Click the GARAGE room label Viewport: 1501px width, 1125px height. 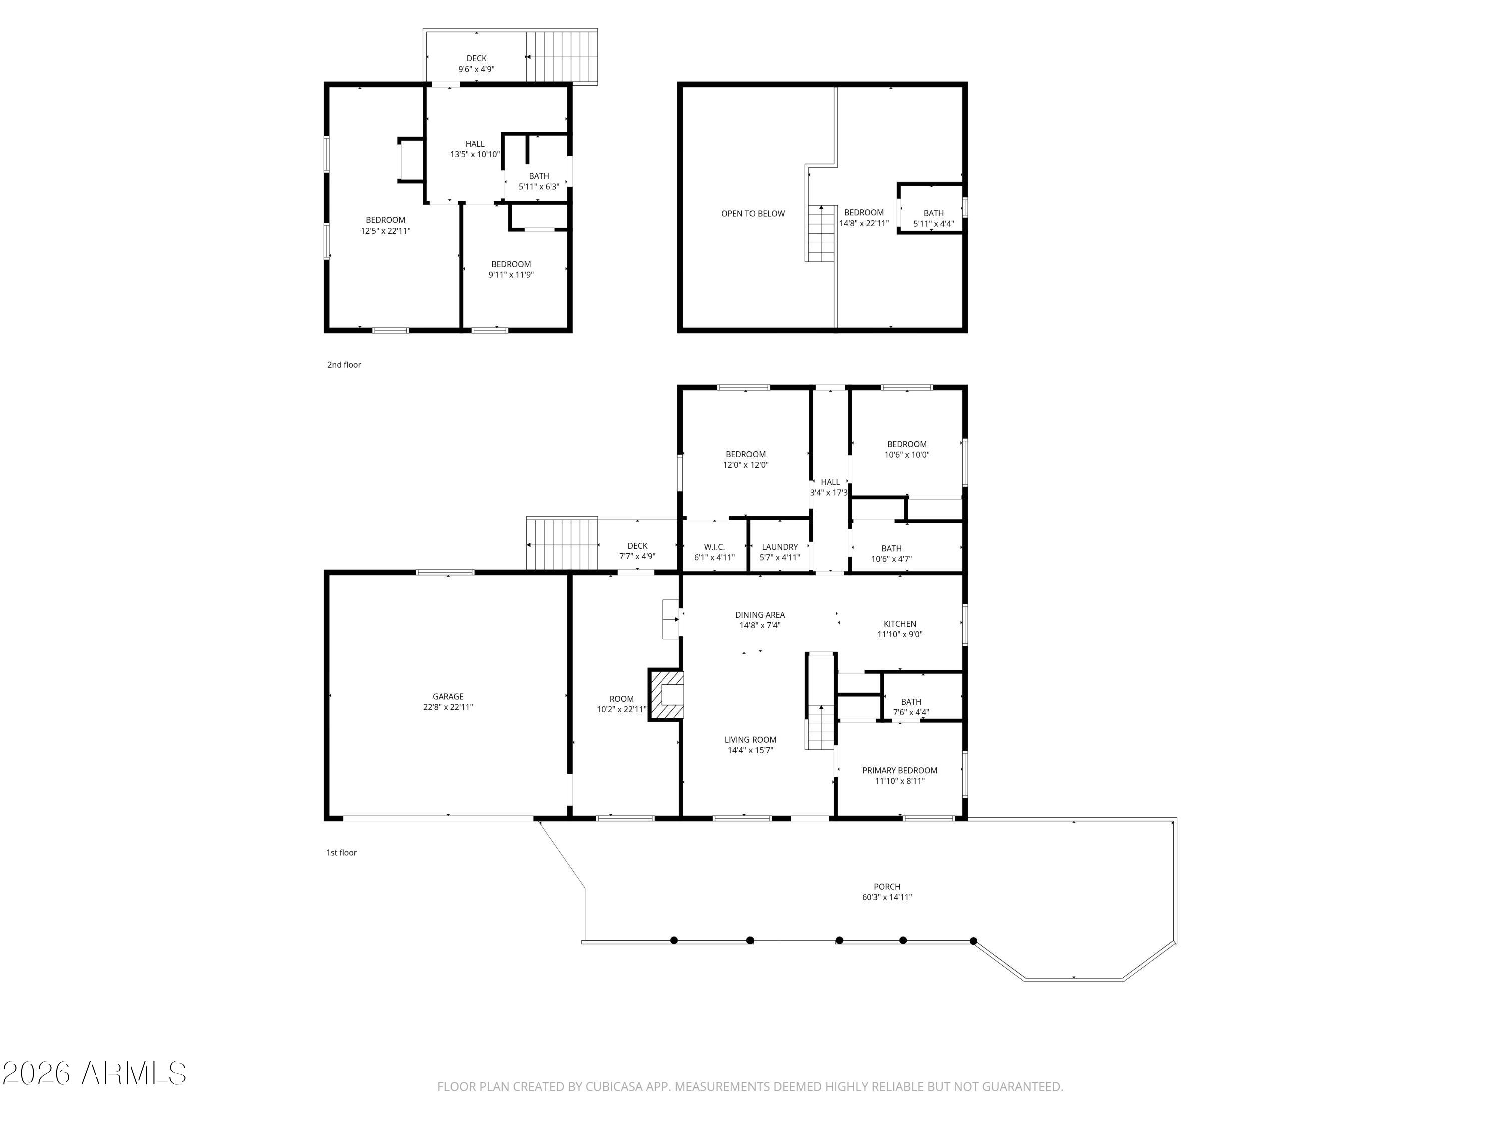pyautogui.click(x=448, y=696)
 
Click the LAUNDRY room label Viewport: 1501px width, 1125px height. pyautogui.click(x=779, y=546)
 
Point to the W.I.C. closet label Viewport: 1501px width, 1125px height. pyautogui.click(x=714, y=546)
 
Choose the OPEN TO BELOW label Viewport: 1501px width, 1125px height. pyautogui.click(x=753, y=213)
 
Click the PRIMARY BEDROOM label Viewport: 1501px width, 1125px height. pyautogui.click(x=899, y=770)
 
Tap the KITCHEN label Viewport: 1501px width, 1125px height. pyautogui.click(x=899, y=624)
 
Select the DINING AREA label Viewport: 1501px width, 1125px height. pyautogui.click(x=760, y=615)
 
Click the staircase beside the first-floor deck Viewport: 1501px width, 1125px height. pyautogui.click(x=562, y=544)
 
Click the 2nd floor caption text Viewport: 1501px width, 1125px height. pyautogui.click(x=344, y=365)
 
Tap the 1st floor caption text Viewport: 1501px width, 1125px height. pyautogui.click(x=341, y=852)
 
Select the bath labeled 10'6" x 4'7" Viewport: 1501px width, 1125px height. pyautogui.click(x=891, y=553)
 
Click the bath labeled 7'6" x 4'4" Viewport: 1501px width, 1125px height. pyautogui.click(x=911, y=706)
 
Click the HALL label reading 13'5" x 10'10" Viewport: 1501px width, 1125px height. pyautogui.click(x=475, y=149)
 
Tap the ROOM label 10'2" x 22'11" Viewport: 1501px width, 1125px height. pyautogui.click(x=621, y=704)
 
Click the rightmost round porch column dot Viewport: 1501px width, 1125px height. pyautogui.click(x=973, y=941)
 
